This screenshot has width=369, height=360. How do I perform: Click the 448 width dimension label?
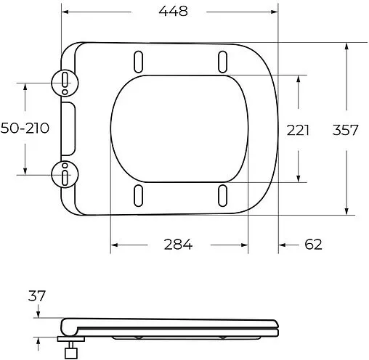[169, 12]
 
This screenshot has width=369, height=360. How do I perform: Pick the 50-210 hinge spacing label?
[25, 128]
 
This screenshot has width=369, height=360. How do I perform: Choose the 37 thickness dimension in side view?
[37, 296]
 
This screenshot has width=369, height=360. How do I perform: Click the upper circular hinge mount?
[65, 81]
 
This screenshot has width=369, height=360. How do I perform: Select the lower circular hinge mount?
[65, 174]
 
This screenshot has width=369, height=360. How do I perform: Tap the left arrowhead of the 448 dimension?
[65, 12]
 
